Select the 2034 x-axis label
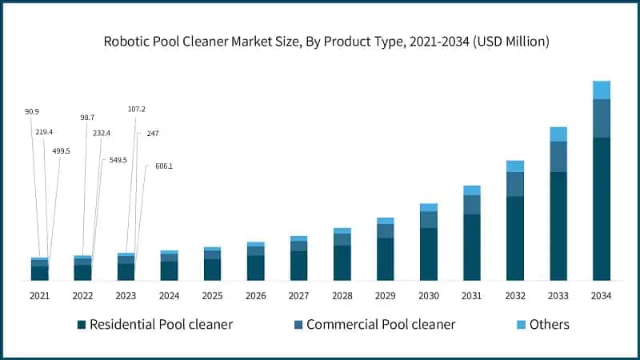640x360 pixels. click(601, 296)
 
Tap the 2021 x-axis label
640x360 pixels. click(39, 296)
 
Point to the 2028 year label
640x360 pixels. click(342, 296)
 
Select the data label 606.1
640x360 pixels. click(164, 166)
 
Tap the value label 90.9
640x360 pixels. click(32, 111)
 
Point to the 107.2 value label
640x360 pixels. click(136, 109)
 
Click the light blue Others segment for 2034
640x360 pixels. click(601, 90)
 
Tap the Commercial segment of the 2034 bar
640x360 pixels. click(601, 118)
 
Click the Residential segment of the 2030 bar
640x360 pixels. click(428, 254)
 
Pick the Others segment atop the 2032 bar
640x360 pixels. click(514, 166)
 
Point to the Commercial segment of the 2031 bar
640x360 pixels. click(471, 205)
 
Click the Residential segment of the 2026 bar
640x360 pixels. click(255, 268)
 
